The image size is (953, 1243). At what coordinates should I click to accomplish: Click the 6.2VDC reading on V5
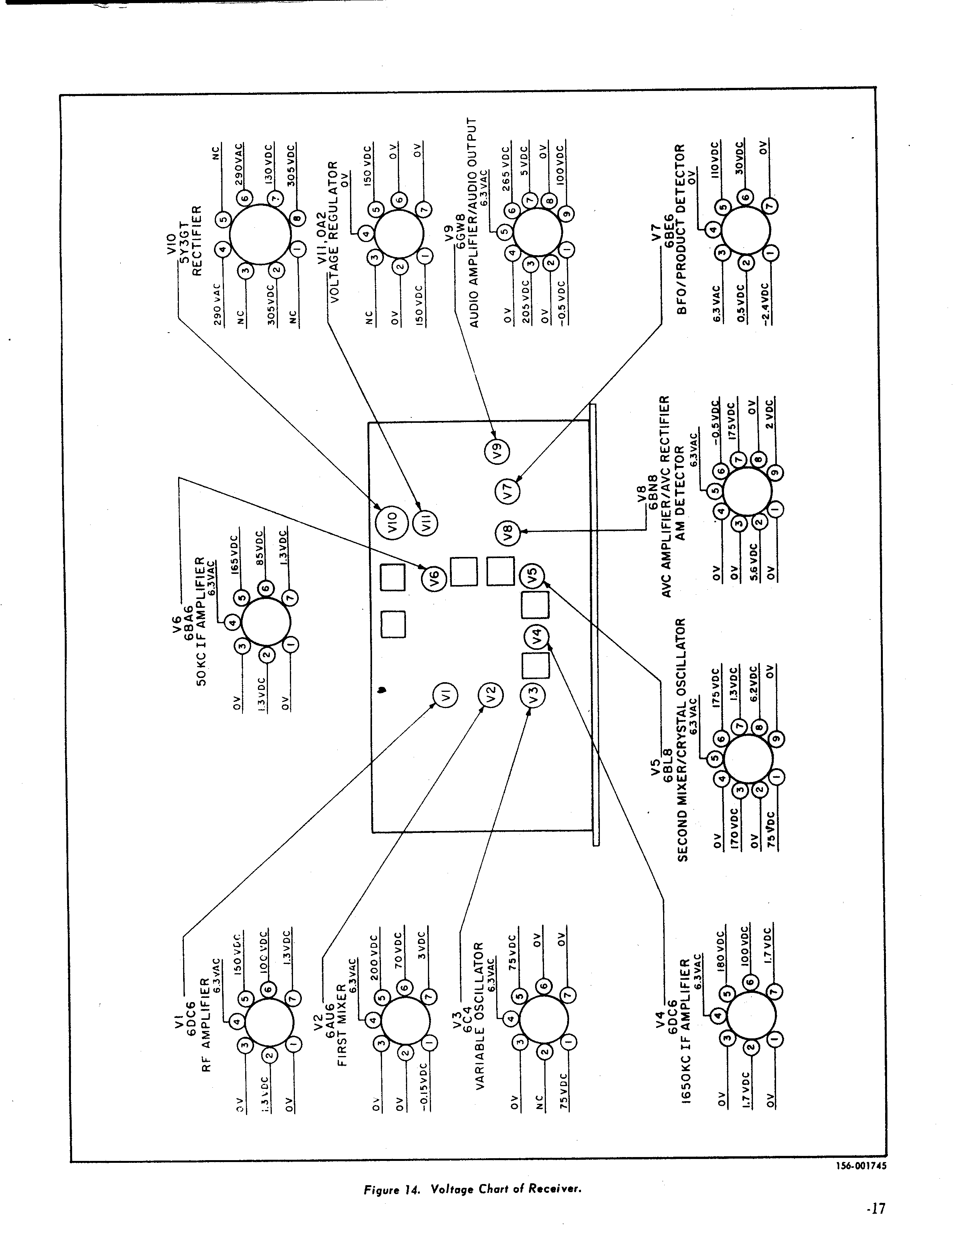click(753, 687)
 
